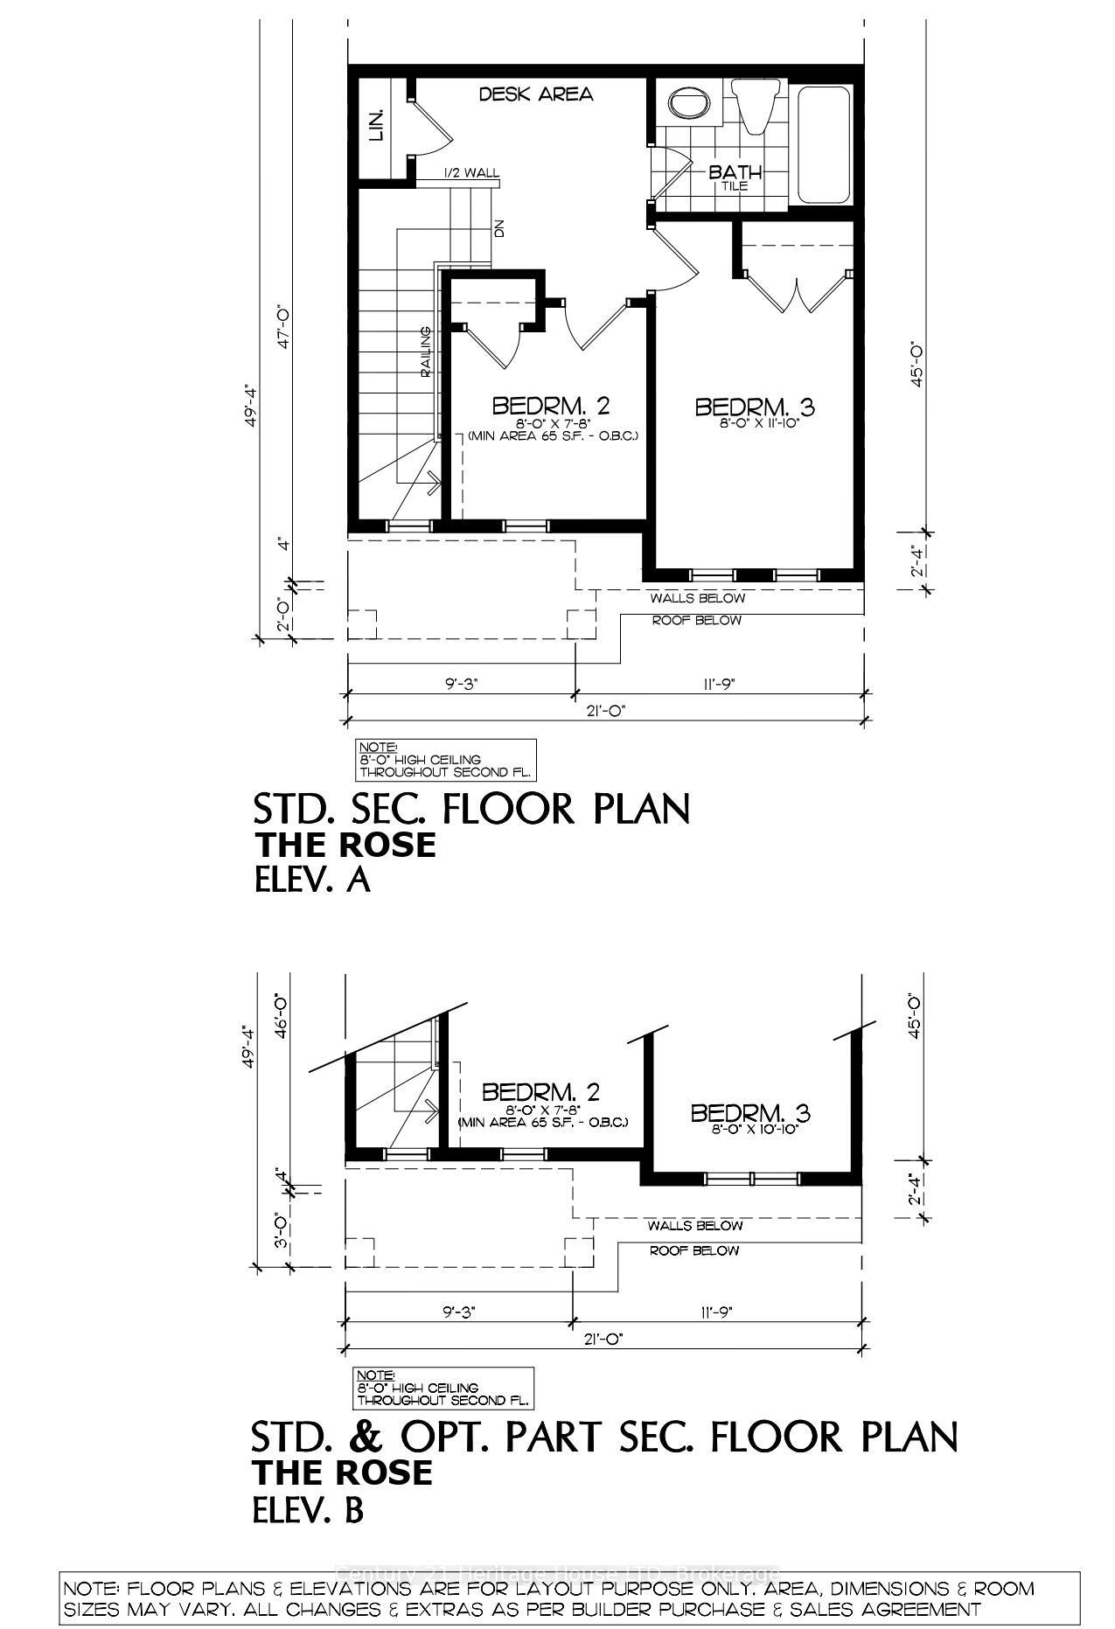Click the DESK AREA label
[536, 94]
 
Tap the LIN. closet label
[377, 125]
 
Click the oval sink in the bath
[691, 104]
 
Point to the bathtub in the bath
[822, 144]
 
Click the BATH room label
[735, 172]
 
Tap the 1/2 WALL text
[471, 172]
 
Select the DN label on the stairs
[499, 229]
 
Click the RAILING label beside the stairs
[425, 352]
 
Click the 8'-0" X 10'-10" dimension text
[749, 1130]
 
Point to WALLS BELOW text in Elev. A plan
[697, 598]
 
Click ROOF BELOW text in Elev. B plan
[693, 1250]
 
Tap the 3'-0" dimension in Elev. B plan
[282, 1232]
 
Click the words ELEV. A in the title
[312, 880]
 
